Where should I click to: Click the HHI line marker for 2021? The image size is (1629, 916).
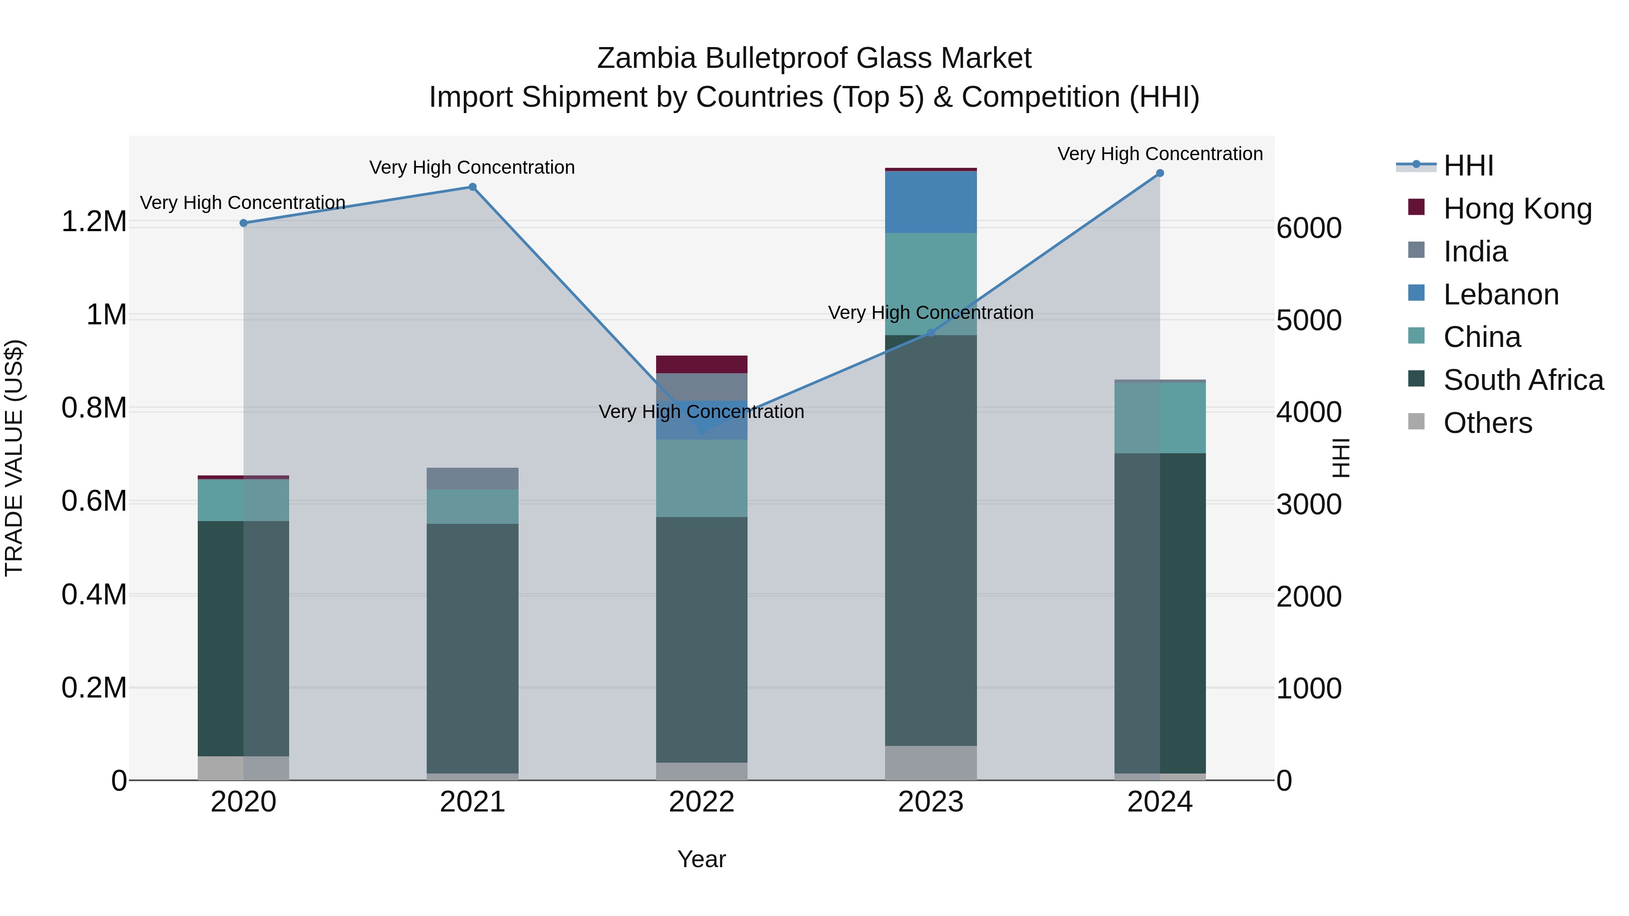point(472,187)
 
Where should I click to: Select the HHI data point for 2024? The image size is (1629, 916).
point(1160,173)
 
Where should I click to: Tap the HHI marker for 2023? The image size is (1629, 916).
point(930,333)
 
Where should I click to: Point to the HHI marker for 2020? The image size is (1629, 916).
point(243,223)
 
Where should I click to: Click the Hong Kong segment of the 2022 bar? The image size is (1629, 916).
point(701,365)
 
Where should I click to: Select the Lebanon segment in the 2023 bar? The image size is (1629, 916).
point(930,202)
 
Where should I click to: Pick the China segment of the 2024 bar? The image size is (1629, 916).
point(1160,418)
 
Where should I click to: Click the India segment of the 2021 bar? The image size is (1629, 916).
point(472,479)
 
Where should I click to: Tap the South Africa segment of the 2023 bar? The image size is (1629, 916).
point(930,541)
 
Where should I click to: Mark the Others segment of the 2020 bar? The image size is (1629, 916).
point(243,768)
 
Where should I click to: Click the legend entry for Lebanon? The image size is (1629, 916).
point(1500,294)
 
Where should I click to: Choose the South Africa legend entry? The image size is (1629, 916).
point(1523,380)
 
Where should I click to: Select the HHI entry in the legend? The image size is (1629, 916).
point(1468,166)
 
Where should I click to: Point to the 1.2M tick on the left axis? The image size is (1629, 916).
point(94,222)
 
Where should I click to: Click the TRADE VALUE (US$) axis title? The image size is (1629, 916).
point(14,458)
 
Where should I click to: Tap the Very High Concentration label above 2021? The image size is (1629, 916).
point(472,167)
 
